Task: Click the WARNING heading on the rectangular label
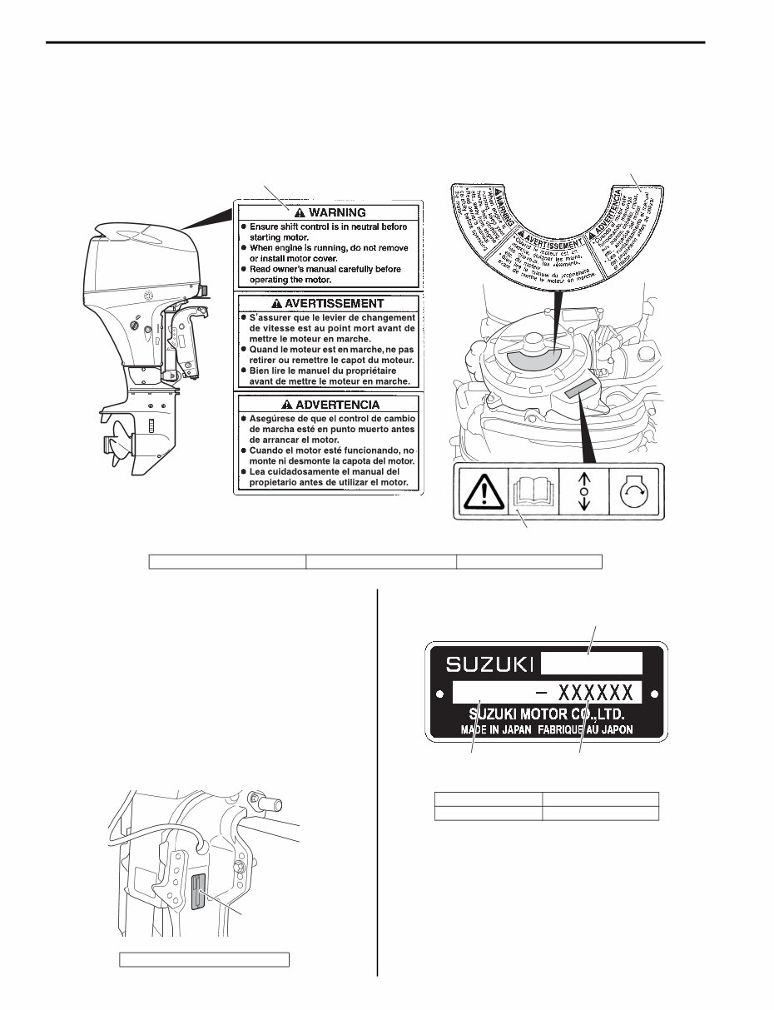click(x=327, y=211)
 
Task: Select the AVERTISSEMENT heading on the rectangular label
click(x=327, y=304)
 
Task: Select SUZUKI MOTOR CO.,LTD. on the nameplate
click(x=547, y=714)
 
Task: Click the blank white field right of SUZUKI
click(x=592, y=664)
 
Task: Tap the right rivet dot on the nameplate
click(x=655, y=693)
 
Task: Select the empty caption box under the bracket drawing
click(x=205, y=959)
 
